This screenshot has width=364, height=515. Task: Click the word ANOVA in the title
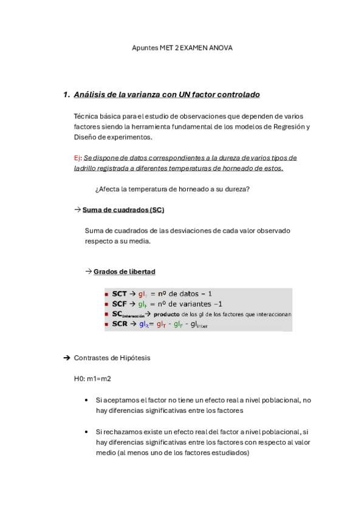click(x=221, y=47)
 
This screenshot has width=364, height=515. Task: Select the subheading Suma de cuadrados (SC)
click(x=123, y=210)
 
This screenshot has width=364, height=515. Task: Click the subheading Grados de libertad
click(x=124, y=271)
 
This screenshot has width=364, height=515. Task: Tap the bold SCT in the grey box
click(x=119, y=293)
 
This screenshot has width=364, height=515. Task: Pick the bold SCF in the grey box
click(x=119, y=304)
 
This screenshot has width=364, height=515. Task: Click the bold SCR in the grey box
click(x=119, y=324)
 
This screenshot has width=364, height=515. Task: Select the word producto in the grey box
click(x=167, y=315)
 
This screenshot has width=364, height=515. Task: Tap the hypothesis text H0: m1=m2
click(x=92, y=379)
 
